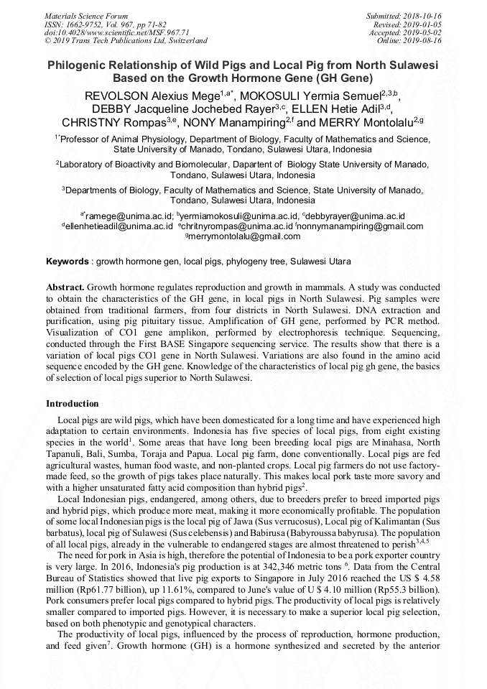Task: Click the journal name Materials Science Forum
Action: tap(86, 16)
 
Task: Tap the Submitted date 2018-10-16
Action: tap(422, 16)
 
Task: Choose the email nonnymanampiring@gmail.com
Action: tap(362, 226)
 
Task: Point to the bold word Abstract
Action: tap(65, 286)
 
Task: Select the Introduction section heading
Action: tap(73, 404)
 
